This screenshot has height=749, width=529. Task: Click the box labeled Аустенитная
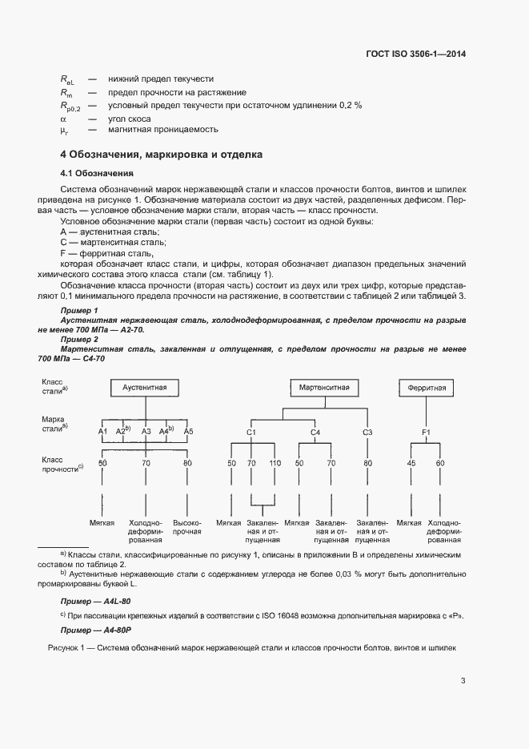pos(145,387)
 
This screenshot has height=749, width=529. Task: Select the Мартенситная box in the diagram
pos(324,387)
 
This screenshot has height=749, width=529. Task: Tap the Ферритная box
pos(427,388)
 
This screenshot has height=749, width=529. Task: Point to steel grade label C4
pos(315,432)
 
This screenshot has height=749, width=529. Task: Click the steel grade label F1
pos(427,432)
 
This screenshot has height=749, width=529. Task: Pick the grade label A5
pos(188,432)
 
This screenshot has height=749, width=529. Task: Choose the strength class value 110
pos(275,463)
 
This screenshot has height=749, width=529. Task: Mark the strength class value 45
pos(411,463)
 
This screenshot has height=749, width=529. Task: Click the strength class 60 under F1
pos(440,463)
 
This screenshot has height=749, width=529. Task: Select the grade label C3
pos(367,432)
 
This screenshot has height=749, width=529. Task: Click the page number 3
pos(463,682)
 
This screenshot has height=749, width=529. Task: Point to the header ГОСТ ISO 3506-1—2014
pos(415,54)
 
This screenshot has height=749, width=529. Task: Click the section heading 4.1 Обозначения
pos(97,173)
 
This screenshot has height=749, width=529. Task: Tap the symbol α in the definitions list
pos(63,118)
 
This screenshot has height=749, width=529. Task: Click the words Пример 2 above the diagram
pos(79,340)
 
